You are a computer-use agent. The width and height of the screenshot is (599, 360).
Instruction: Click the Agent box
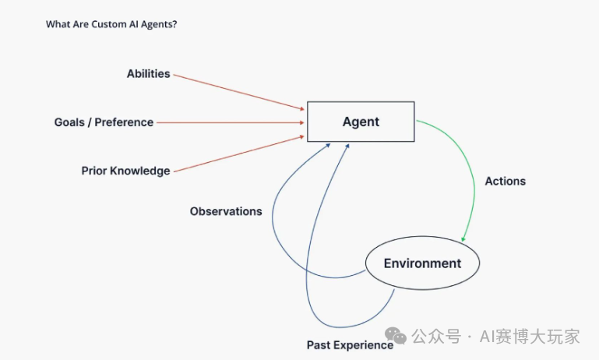361,122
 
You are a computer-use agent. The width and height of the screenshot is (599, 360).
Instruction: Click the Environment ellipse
422,263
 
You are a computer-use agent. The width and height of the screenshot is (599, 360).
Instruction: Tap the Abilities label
148,74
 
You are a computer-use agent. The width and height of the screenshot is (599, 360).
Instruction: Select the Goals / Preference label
104,122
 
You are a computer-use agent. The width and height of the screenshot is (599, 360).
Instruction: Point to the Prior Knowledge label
125,171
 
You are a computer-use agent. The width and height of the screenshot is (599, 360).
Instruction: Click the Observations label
226,211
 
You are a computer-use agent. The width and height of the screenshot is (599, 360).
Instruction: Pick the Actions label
505,181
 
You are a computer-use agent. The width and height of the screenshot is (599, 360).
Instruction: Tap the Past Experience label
350,345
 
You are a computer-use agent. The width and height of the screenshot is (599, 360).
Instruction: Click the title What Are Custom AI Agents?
111,24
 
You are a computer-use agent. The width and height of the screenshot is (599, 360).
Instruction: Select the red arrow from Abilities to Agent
238,91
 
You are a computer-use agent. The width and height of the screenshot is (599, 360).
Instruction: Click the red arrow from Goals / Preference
230,122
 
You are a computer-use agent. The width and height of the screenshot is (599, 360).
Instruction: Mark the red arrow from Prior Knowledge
238,153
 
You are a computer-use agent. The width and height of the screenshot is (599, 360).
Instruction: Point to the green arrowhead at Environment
464,238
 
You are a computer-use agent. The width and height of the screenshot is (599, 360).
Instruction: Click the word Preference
124,122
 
